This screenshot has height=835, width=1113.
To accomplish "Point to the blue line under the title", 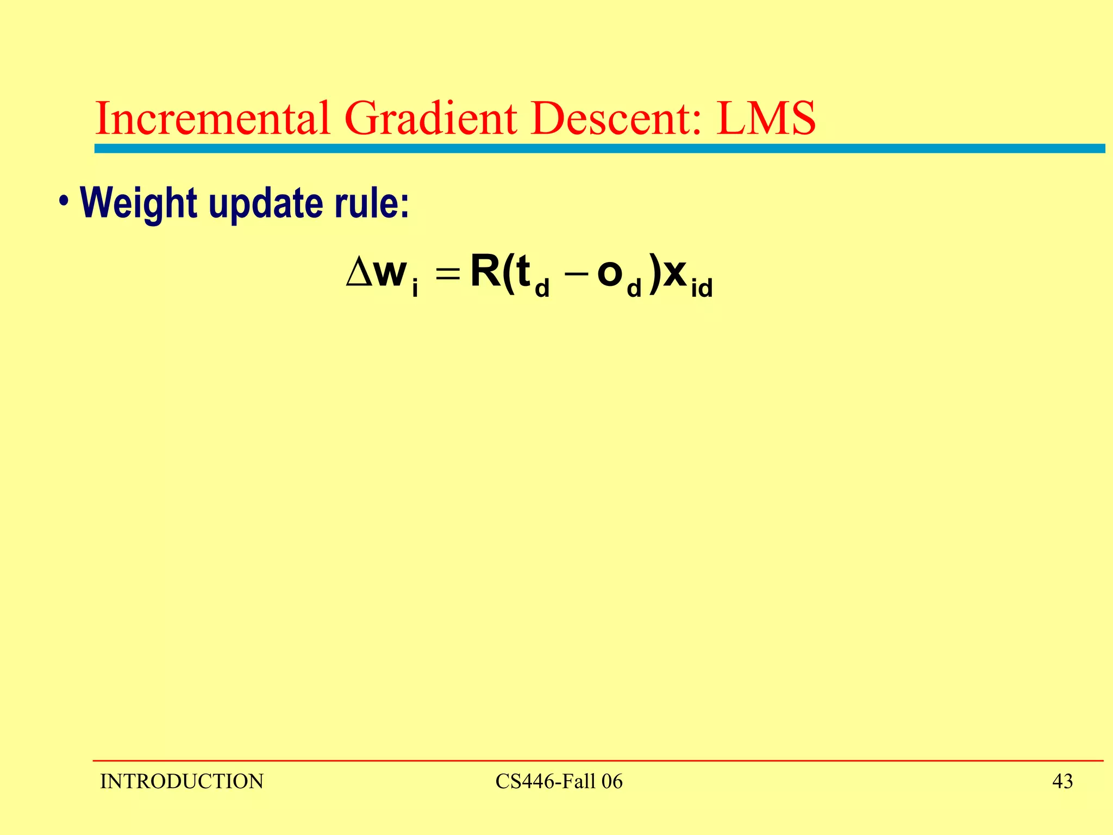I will click(598, 148).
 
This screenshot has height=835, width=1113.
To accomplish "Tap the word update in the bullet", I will click(266, 204).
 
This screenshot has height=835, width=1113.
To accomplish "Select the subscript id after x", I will click(701, 288).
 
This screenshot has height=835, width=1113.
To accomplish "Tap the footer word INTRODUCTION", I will click(182, 782).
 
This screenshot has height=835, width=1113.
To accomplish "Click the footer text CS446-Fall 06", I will click(559, 782).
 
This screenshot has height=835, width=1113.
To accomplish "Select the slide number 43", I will click(1062, 782).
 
